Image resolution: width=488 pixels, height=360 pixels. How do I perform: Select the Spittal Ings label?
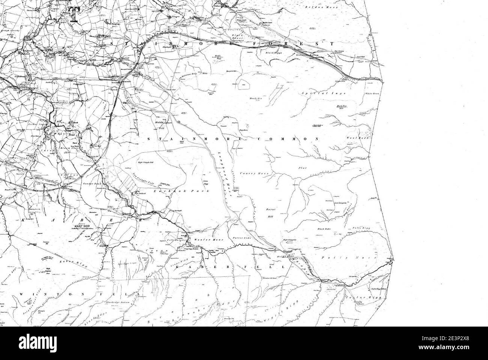(x=315, y=92)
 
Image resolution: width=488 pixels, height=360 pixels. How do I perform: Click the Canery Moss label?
(x=248, y=173)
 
